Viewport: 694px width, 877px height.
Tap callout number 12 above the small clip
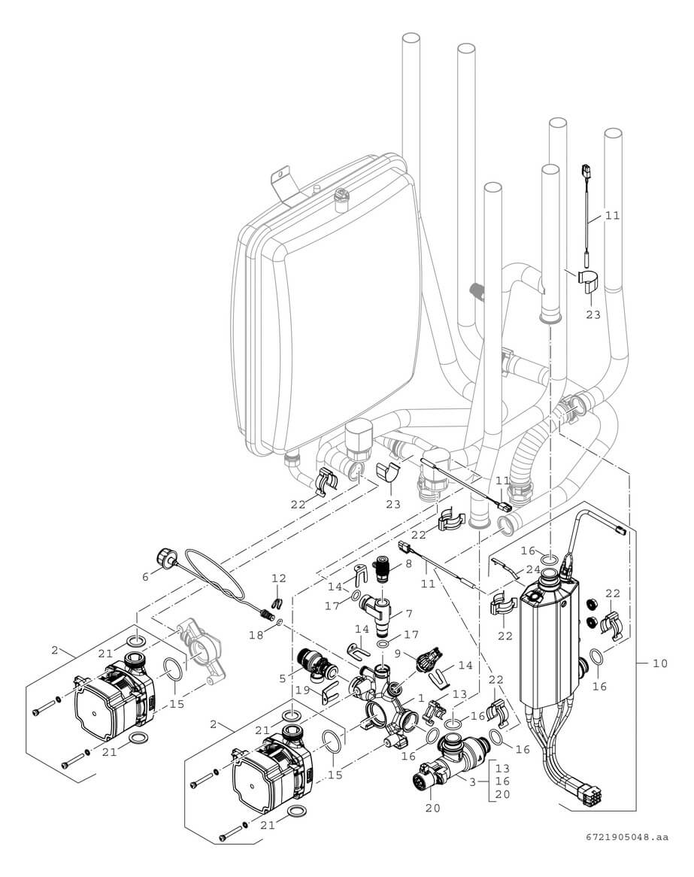click(x=279, y=578)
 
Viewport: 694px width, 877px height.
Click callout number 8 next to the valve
click(x=409, y=563)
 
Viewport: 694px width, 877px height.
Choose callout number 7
click(x=409, y=614)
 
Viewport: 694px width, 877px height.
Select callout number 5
click(x=282, y=678)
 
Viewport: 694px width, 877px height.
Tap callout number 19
click(x=303, y=690)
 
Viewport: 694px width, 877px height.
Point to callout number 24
click(x=533, y=570)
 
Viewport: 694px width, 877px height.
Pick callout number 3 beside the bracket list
click(x=471, y=782)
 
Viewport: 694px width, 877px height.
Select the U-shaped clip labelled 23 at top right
click(x=589, y=278)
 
